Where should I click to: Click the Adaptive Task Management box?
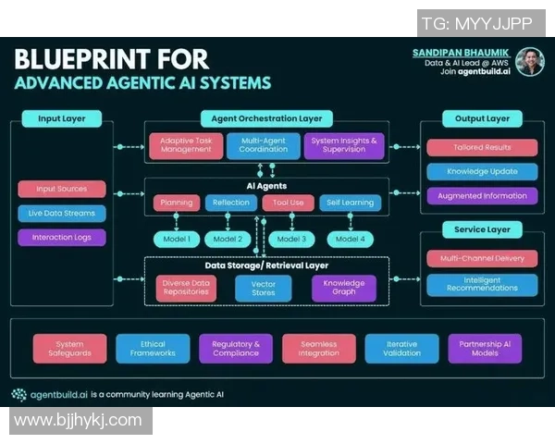[186, 145]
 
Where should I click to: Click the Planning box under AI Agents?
[177, 203]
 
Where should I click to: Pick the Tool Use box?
[288, 203]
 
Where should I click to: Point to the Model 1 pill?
[177, 239]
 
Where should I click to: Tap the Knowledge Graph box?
[343, 288]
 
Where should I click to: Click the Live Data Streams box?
[61, 213]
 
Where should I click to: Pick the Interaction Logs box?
[61, 237]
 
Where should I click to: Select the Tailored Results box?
[482, 147]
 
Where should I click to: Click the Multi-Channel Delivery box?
[482, 259]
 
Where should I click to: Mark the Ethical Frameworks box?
[153, 349]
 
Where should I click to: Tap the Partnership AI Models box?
[485, 349]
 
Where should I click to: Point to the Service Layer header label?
[482, 228]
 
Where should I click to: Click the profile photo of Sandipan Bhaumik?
[529, 62]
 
